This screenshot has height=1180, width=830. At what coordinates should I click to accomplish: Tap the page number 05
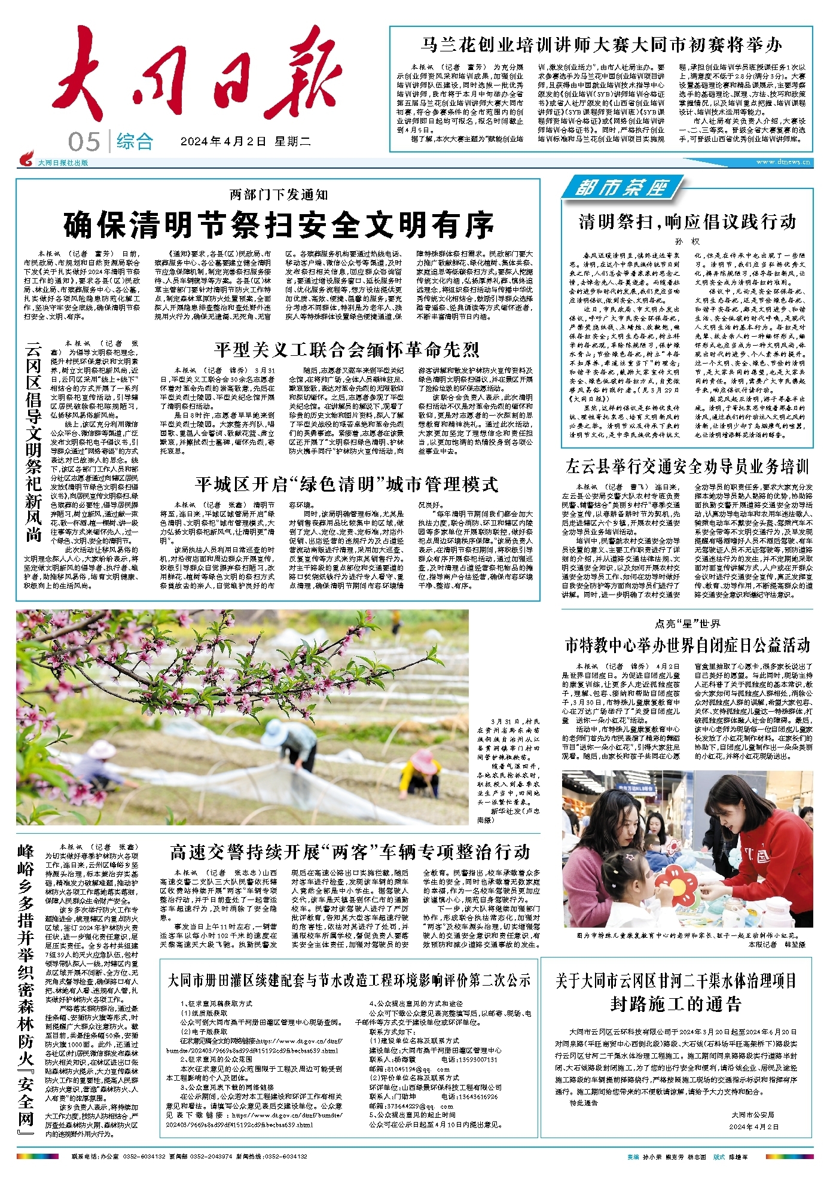coord(84,142)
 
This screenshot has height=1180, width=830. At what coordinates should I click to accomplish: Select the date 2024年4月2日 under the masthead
coord(224,142)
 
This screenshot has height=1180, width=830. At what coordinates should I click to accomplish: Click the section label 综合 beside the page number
coord(135,142)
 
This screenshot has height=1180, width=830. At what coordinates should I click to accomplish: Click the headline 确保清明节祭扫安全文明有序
coord(279,225)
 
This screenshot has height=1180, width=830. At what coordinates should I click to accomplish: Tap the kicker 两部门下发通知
coord(279,194)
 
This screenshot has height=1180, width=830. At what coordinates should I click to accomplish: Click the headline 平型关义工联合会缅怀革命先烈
coord(347,349)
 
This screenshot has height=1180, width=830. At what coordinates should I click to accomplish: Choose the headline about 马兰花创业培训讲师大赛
coord(601,45)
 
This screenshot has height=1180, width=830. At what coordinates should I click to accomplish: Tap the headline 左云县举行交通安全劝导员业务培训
coord(687,466)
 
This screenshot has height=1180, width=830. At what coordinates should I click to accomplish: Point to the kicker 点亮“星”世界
coord(687,624)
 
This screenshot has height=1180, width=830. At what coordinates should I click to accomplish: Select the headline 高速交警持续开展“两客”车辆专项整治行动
coord(350,852)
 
